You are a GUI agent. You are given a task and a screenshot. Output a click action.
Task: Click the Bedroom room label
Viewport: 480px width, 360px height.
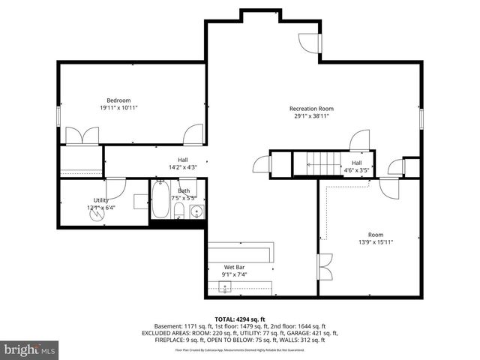(x=118, y=100)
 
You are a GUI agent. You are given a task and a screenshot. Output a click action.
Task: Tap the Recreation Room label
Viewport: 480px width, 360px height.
(x=311, y=109)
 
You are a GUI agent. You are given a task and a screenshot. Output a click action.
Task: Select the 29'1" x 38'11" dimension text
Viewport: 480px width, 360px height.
(x=311, y=116)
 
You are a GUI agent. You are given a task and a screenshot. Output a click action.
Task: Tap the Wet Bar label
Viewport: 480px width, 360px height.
(x=235, y=267)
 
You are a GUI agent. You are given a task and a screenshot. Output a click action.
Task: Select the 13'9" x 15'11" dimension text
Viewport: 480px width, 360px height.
(x=376, y=242)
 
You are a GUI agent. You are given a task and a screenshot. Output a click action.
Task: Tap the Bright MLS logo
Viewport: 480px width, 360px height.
(x=29, y=349)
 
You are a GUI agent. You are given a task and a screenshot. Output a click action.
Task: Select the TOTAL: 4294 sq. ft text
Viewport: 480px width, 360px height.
(x=240, y=319)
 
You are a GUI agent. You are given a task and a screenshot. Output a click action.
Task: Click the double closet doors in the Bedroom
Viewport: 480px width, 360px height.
(x=80, y=136)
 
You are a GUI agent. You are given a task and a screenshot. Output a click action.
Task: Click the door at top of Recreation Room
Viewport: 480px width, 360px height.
(x=310, y=43)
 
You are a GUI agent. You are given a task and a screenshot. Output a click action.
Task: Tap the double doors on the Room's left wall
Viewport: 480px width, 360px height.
(x=325, y=268)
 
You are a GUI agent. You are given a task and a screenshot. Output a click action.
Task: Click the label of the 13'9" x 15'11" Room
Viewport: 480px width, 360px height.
(x=375, y=235)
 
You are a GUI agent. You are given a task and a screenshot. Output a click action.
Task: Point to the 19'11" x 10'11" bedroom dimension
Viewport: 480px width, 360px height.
(x=118, y=108)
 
